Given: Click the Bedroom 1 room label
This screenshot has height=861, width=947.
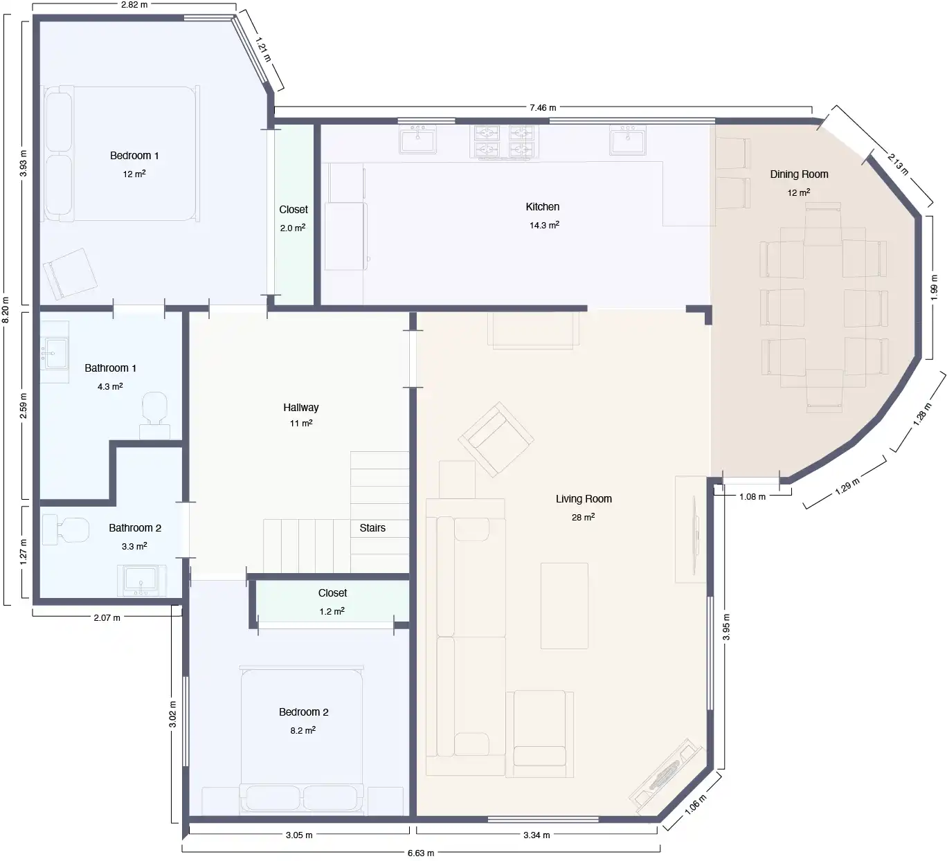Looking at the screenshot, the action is click(x=134, y=155).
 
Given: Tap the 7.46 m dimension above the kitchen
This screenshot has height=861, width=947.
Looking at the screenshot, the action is click(x=543, y=108).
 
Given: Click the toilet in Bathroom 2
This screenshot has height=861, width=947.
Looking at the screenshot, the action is click(x=66, y=529).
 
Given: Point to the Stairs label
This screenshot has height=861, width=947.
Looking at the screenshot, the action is click(x=372, y=527).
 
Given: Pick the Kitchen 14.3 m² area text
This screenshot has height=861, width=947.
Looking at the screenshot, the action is click(x=544, y=225).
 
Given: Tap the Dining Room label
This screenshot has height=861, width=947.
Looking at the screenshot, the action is click(x=799, y=174).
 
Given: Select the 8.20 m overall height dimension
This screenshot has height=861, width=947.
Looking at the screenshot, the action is click(x=6, y=309).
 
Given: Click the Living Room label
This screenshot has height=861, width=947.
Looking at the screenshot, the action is click(x=584, y=499).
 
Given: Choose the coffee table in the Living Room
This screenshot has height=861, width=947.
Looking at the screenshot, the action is click(x=564, y=606).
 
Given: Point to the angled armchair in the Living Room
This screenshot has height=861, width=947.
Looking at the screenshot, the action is click(x=496, y=439).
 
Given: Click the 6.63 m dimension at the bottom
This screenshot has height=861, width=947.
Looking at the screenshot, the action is click(x=421, y=853).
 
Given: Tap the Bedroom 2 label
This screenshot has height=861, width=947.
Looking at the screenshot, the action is click(x=303, y=712).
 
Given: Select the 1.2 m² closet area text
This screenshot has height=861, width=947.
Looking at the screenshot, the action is click(x=332, y=611).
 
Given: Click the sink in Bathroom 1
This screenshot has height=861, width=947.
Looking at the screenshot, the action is click(x=55, y=352).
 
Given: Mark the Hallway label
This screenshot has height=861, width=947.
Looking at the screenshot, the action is click(x=300, y=408).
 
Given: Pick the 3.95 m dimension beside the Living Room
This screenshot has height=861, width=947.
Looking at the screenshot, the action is click(x=726, y=627).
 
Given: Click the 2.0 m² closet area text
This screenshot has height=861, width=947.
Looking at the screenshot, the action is click(x=293, y=228).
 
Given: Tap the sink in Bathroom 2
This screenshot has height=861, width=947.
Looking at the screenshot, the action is click(x=141, y=580).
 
